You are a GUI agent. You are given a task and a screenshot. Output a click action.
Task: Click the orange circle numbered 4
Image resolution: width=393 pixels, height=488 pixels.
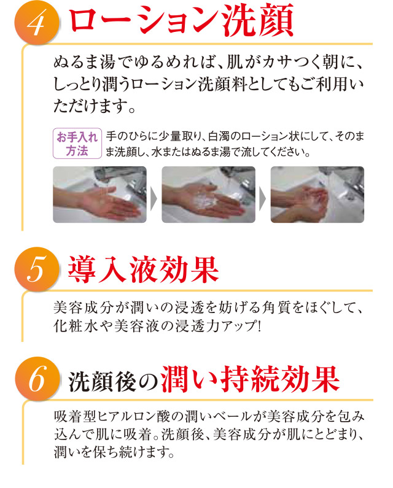pos(37,23)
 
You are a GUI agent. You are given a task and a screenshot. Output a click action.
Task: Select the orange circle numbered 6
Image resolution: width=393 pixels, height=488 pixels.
pos(37,379)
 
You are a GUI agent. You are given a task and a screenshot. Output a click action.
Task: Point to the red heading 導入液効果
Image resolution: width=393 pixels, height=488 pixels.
pos(143,269)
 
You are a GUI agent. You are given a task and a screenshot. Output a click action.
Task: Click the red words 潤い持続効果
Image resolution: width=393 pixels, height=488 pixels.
pos(250,379)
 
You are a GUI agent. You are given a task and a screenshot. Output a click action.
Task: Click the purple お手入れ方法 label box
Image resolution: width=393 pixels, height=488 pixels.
pos(77,144)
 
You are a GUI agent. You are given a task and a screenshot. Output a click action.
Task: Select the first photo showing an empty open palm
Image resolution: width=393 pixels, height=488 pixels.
pos(99,195)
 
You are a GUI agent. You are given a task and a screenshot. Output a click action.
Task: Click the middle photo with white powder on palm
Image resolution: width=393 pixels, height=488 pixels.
pos(208,195)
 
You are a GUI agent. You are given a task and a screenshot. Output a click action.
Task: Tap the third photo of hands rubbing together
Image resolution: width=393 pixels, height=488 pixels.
pos(317,195)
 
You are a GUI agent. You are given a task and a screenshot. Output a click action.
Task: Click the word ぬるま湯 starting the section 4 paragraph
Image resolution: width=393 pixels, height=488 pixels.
pos(84,62)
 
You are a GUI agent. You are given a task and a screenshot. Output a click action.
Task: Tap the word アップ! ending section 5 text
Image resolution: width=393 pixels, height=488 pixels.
pos(241,326)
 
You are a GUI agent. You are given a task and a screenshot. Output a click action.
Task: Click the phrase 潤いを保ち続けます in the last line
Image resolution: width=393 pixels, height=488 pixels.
pos(114,452)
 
